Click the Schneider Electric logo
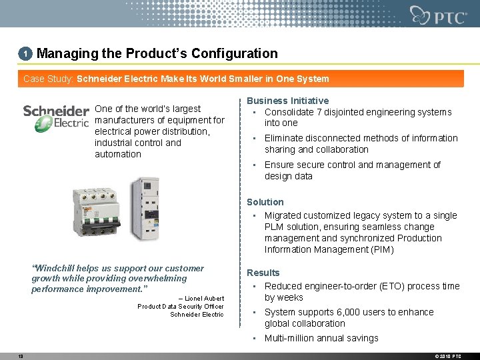(x=56, y=118)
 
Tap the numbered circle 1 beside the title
(x=25, y=53)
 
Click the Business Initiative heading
(x=287, y=101)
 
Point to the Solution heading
(x=265, y=202)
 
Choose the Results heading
(x=263, y=273)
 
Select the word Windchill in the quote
(x=57, y=268)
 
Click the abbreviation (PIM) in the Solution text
(x=381, y=249)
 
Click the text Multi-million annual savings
(x=321, y=338)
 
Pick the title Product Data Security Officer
(x=181, y=307)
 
